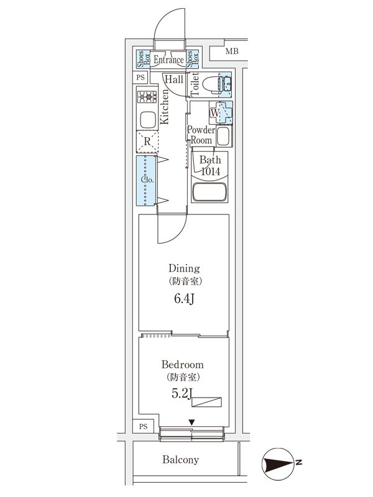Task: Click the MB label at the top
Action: click(x=231, y=51)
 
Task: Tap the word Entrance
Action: click(x=168, y=60)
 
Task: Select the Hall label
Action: click(x=173, y=80)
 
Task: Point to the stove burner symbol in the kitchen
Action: click(x=148, y=96)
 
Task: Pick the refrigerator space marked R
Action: click(x=147, y=142)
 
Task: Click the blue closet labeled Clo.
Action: click(x=147, y=181)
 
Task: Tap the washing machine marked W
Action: click(x=220, y=112)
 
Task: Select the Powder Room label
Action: click(x=201, y=135)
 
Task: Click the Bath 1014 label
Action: click(x=210, y=166)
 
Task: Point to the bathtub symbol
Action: click(x=211, y=193)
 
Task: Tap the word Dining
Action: click(x=184, y=268)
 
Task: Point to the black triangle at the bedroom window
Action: click(x=191, y=423)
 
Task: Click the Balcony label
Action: click(x=180, y=460)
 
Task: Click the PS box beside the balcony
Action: click(x=143, y=426)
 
